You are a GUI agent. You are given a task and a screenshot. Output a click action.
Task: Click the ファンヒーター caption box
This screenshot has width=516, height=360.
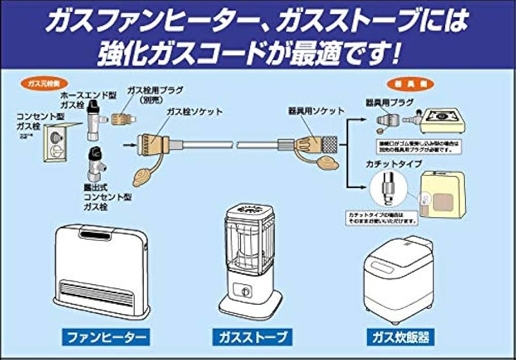pos(106,336)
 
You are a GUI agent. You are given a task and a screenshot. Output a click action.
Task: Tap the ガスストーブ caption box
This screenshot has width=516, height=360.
pos(252,336)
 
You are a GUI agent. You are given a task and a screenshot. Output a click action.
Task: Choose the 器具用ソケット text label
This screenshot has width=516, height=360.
pos(317,110)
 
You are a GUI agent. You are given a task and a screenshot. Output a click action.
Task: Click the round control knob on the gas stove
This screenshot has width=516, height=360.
pos(245,292)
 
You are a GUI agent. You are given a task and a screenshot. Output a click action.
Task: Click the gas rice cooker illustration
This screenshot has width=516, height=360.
pos(399,280)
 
